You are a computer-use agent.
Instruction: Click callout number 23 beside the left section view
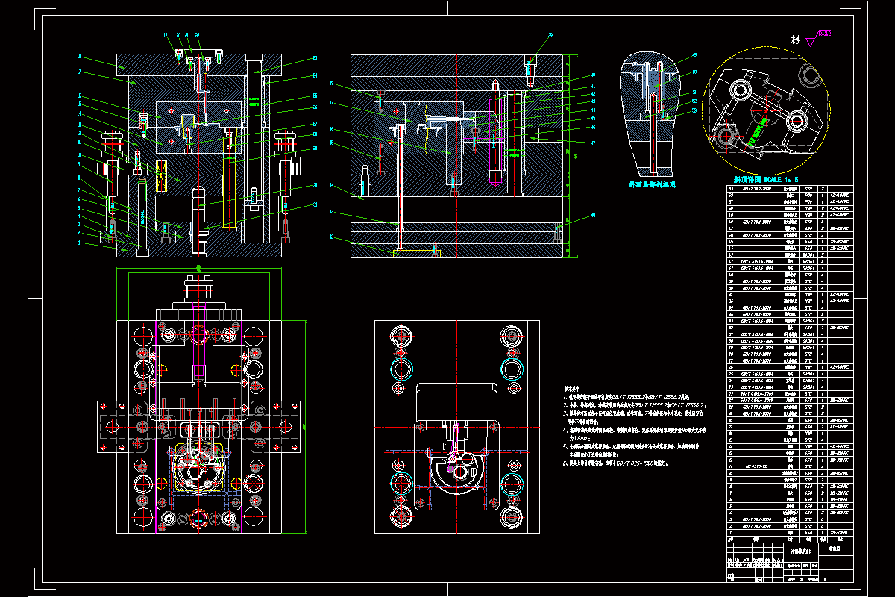315,58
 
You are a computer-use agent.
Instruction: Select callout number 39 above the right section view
550,34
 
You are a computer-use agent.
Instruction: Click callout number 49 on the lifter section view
694,54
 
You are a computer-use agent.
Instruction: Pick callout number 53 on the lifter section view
694,110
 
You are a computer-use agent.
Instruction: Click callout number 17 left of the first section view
78,72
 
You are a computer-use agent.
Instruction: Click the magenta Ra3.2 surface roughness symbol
824,33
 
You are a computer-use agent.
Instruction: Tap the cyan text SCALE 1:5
779,179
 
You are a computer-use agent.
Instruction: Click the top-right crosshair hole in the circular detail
811,74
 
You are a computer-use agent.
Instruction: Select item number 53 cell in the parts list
732,190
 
